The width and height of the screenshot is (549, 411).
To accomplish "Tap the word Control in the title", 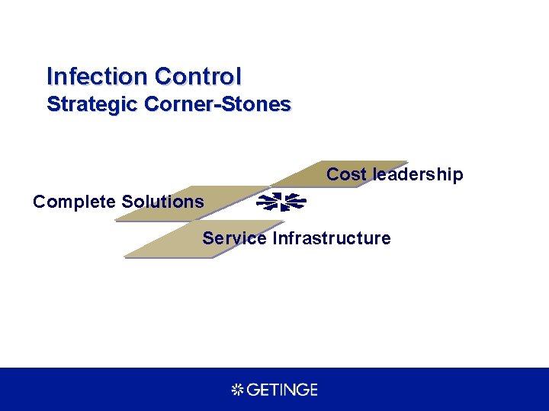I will coord(197,77).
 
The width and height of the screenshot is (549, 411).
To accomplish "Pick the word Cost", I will coord(346,174).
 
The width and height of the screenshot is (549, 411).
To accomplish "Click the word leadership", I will coord(417,174).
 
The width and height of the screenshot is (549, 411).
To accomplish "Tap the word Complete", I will coord(75,202).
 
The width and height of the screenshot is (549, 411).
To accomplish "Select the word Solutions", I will coord(163,202).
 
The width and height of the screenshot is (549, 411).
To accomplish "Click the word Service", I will coord(234,238).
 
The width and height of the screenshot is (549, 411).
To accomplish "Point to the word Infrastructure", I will coord(332,238).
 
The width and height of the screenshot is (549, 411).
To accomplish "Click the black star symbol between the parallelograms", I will coord(281,202).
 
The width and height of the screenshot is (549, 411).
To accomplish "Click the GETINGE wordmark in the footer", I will coord(281,390).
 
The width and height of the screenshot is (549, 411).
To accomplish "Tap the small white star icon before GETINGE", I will coord(236,390).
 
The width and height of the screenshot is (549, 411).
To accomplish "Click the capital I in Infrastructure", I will coord(275,238).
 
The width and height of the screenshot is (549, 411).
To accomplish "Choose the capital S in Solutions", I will coord(127,202).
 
